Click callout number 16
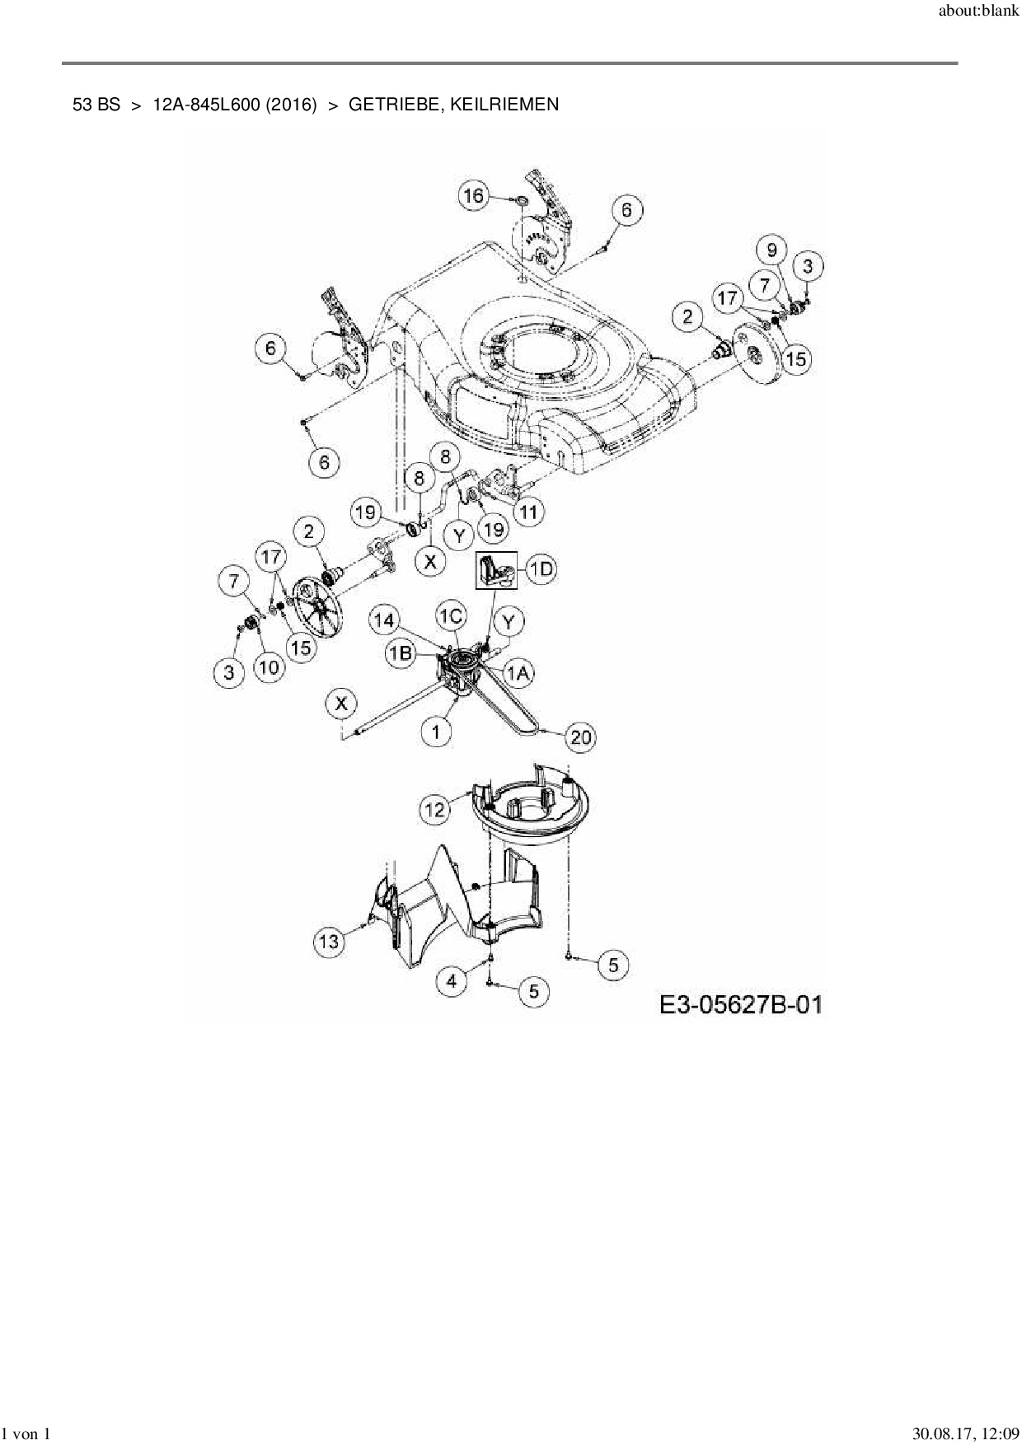click(473, 196)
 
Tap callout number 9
click(771, 250)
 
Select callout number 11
click(528, 512)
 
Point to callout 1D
click(541, 570)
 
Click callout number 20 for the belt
click(581, 737)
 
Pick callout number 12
click(435, 810)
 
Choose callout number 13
click(329, 941)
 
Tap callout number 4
click(451, 980)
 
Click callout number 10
click(270, 667)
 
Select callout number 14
click(385, 620)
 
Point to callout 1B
click(401, 653)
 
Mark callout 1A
click(518, 673)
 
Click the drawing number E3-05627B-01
click(740, 1005)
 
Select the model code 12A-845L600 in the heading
click(235, 105)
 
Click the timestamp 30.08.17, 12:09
click(965, 1434)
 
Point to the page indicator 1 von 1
click(27, 1434)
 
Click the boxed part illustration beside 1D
click(495, 570)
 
